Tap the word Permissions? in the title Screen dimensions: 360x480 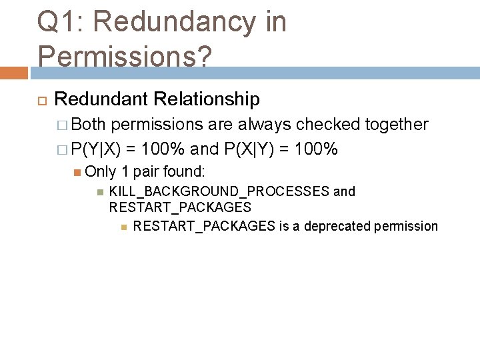(x=125, y=55)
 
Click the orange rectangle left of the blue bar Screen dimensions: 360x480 (x=14, y=73)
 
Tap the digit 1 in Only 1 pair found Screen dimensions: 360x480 (x=125, y=171)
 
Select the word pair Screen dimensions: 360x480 (x=145, y=171)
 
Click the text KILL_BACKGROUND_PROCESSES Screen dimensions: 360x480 (x=219, y=192)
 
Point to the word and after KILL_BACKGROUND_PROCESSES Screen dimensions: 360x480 (x=344, y=192)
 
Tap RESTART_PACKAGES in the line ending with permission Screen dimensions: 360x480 (x=204, y=226)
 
